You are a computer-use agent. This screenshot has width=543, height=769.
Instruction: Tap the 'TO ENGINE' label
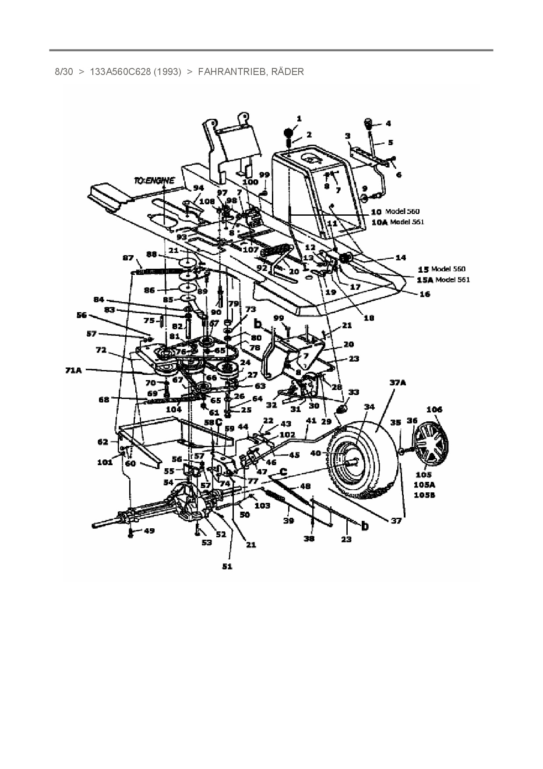pos(154,180)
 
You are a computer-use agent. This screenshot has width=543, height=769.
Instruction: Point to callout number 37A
pos(398,383)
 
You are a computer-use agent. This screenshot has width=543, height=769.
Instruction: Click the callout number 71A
pos(73,370)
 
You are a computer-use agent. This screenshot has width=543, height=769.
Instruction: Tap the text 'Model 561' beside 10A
pos(407,222)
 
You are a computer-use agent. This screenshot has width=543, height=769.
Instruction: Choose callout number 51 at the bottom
pos(227,566)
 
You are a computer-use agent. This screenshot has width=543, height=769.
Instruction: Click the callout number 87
pos(128,258)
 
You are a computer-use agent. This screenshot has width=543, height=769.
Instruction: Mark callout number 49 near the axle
pos(149,531)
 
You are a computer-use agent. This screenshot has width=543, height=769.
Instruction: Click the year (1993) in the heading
pos(166,71)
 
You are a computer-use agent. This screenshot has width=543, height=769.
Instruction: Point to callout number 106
pos(434,409)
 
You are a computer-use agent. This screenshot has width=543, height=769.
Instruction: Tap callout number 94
pos(198,188)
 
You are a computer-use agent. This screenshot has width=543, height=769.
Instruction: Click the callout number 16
pos(424,294)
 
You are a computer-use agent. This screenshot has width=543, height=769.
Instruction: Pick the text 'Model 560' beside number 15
pos(448,269)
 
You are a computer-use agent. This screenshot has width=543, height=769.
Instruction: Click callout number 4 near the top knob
pos(388,124)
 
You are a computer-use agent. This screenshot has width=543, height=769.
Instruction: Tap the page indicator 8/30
pos(64,71)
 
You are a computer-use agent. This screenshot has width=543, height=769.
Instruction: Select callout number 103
pos(262,506)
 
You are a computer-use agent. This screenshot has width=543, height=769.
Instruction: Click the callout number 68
pos(104,399)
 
